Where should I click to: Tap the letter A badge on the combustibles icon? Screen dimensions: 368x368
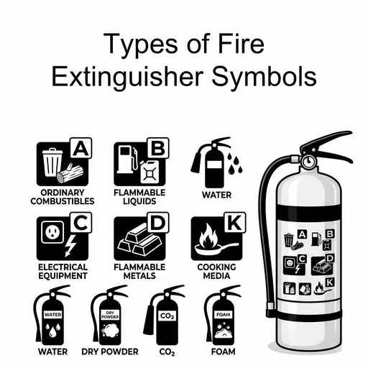point(81,149)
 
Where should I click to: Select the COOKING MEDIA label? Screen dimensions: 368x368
point(216,271)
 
